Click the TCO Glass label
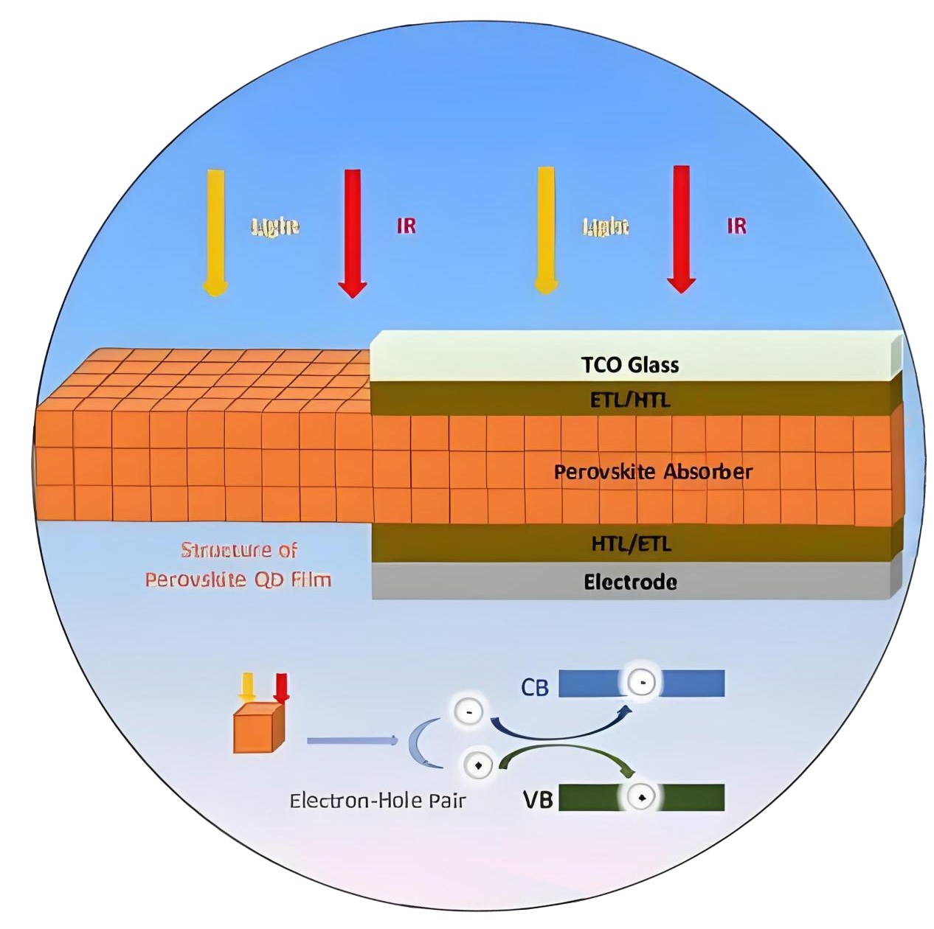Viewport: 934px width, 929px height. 629,364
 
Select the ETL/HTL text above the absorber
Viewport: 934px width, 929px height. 629,400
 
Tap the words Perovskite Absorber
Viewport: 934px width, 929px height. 653,472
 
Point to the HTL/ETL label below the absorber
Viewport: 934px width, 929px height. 631,544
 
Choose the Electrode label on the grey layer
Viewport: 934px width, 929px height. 630,582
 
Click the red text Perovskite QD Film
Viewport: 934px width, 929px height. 238,580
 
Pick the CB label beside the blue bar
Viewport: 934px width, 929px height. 535,688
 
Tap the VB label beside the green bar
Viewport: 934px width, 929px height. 538,799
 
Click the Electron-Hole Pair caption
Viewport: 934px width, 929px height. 377,801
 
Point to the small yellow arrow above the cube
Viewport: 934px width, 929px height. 246,686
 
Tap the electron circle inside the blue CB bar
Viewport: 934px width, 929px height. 642,683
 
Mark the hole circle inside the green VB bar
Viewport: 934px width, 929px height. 640,797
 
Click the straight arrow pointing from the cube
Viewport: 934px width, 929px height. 352,740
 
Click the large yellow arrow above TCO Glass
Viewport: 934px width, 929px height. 545,229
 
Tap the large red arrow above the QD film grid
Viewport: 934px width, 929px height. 353,232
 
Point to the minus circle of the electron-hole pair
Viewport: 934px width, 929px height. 468,711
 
